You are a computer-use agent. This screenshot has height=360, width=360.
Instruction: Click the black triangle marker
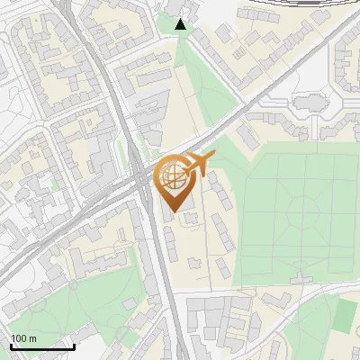tap(181, 24)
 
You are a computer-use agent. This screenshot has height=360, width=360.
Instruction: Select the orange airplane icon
tap(199, 163)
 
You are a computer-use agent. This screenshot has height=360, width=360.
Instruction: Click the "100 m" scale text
tap(23, 338)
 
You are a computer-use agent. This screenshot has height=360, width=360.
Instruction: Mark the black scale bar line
tap(42, 346)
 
